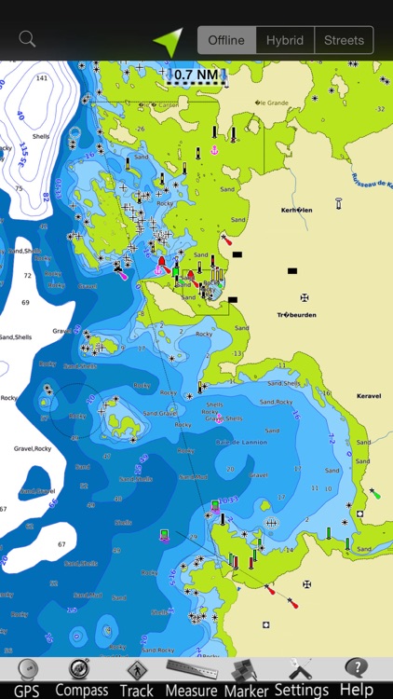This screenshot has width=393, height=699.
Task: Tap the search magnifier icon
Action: [x=27, y=39]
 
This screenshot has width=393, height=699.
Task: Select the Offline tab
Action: [x=226, y=40]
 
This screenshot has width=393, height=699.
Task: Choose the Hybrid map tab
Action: [x=285, y=40]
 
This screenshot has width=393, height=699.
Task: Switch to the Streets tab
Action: [x=344, y=40]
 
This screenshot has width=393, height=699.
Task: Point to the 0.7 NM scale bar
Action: [x=196, y=75]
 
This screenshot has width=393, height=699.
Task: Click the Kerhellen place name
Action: [x=297, y=211]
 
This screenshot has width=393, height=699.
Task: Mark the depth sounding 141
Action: [x=41, y=78]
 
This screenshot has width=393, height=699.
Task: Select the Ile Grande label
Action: [x=274, y=103]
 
